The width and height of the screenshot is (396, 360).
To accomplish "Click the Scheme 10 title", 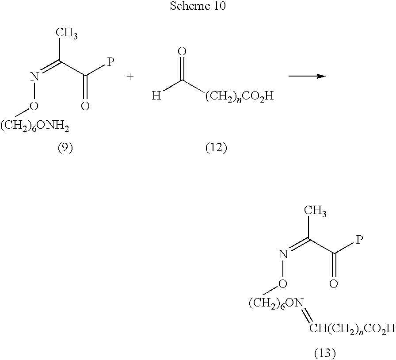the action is [x=198, y=6].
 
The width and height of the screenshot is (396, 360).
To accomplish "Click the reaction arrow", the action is [x=307, y=76].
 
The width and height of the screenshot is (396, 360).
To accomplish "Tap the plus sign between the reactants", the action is [x=130, y=77].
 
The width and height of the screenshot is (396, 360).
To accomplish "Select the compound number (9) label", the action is [x=65, y=148].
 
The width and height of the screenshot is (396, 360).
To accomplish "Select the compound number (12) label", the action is [x=216, y=148].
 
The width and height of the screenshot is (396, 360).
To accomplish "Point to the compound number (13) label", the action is [x=325, y=352].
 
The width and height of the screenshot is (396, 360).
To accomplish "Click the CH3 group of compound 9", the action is [x=67, y=33].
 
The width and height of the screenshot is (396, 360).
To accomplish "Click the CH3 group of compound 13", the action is [x=315, y=211].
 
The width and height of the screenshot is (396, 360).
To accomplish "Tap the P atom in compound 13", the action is [x=359, y=239].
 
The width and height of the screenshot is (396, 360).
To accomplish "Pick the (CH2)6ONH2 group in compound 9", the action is [x=35, y=126].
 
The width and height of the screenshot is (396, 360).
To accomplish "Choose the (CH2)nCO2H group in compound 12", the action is [x=240, y=96].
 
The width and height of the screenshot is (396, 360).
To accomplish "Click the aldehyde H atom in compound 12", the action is [x=156, y=96].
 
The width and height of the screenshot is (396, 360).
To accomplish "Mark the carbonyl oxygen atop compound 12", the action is [x=182, y=52].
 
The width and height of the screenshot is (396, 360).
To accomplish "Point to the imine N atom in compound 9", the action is [x=35, y=77].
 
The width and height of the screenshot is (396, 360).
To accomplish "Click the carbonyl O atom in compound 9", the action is [x=85, y=106].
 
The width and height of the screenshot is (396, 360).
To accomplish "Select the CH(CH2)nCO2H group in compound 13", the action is [x=352, y=329].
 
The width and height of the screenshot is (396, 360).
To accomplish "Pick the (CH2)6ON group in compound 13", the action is [x=276, y=303].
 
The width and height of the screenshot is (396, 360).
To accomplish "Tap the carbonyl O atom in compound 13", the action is [x=334, y=283].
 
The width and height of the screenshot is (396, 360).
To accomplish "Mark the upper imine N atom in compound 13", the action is [x=283, y=254].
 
